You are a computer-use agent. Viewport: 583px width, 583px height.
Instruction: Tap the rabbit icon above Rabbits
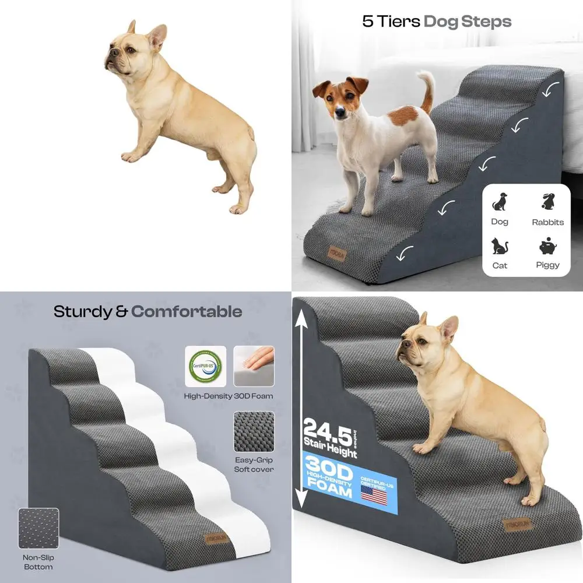pos(547,202)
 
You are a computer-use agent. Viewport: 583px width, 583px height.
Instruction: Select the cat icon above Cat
pos(500,246)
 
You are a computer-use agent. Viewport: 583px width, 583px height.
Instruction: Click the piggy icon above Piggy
pos(547,246)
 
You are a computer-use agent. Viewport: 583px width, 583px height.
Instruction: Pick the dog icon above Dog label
pos(500,202)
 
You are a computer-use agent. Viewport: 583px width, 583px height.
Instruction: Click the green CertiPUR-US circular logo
pos(205,366)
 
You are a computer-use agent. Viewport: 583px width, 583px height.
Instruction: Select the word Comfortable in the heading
pos(187,311)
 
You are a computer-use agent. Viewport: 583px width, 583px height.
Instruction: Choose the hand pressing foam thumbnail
pos(254,366)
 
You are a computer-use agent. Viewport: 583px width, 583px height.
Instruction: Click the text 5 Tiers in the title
pos(390,22)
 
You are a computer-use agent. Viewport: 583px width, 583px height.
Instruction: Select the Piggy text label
pos(547,265)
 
